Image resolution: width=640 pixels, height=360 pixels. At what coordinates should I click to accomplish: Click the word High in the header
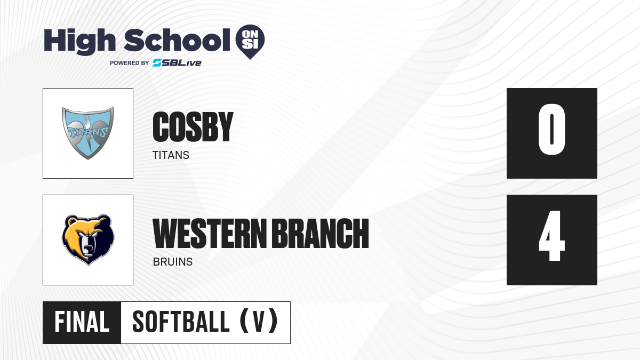click(x=79, y=42)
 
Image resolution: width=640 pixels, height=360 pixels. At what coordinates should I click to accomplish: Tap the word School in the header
click(x=177, y=40)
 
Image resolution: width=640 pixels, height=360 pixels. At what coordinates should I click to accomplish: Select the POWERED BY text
click(x=129, y=63)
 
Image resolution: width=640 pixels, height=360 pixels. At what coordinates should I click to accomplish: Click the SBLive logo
click(x=177, y=63)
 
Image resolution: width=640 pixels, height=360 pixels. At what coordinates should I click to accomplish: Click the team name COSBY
click(x=193, y=126)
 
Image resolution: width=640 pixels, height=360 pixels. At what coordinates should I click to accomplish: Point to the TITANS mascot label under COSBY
click(x=171, y=155)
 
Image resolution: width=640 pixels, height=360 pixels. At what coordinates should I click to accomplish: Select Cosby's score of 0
click(x=551, y=129)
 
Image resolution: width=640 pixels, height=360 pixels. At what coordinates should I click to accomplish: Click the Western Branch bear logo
click(x=88, y=240)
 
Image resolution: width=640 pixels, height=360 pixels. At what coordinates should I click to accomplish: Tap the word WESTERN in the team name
click(x=210, y=234)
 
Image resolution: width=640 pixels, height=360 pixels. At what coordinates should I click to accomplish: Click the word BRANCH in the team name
click(x=320, y=234)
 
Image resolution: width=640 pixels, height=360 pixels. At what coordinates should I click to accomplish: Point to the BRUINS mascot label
click(x=173, y=262)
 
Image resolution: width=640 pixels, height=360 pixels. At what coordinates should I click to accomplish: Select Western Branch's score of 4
click(x=551, y=236)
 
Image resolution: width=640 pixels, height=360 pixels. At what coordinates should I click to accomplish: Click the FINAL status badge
click(x=82, y=322)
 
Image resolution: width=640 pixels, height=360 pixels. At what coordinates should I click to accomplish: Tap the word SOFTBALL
click(x=181, y=322)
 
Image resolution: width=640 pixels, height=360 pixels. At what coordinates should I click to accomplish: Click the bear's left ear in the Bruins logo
click(x=71, y=221)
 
